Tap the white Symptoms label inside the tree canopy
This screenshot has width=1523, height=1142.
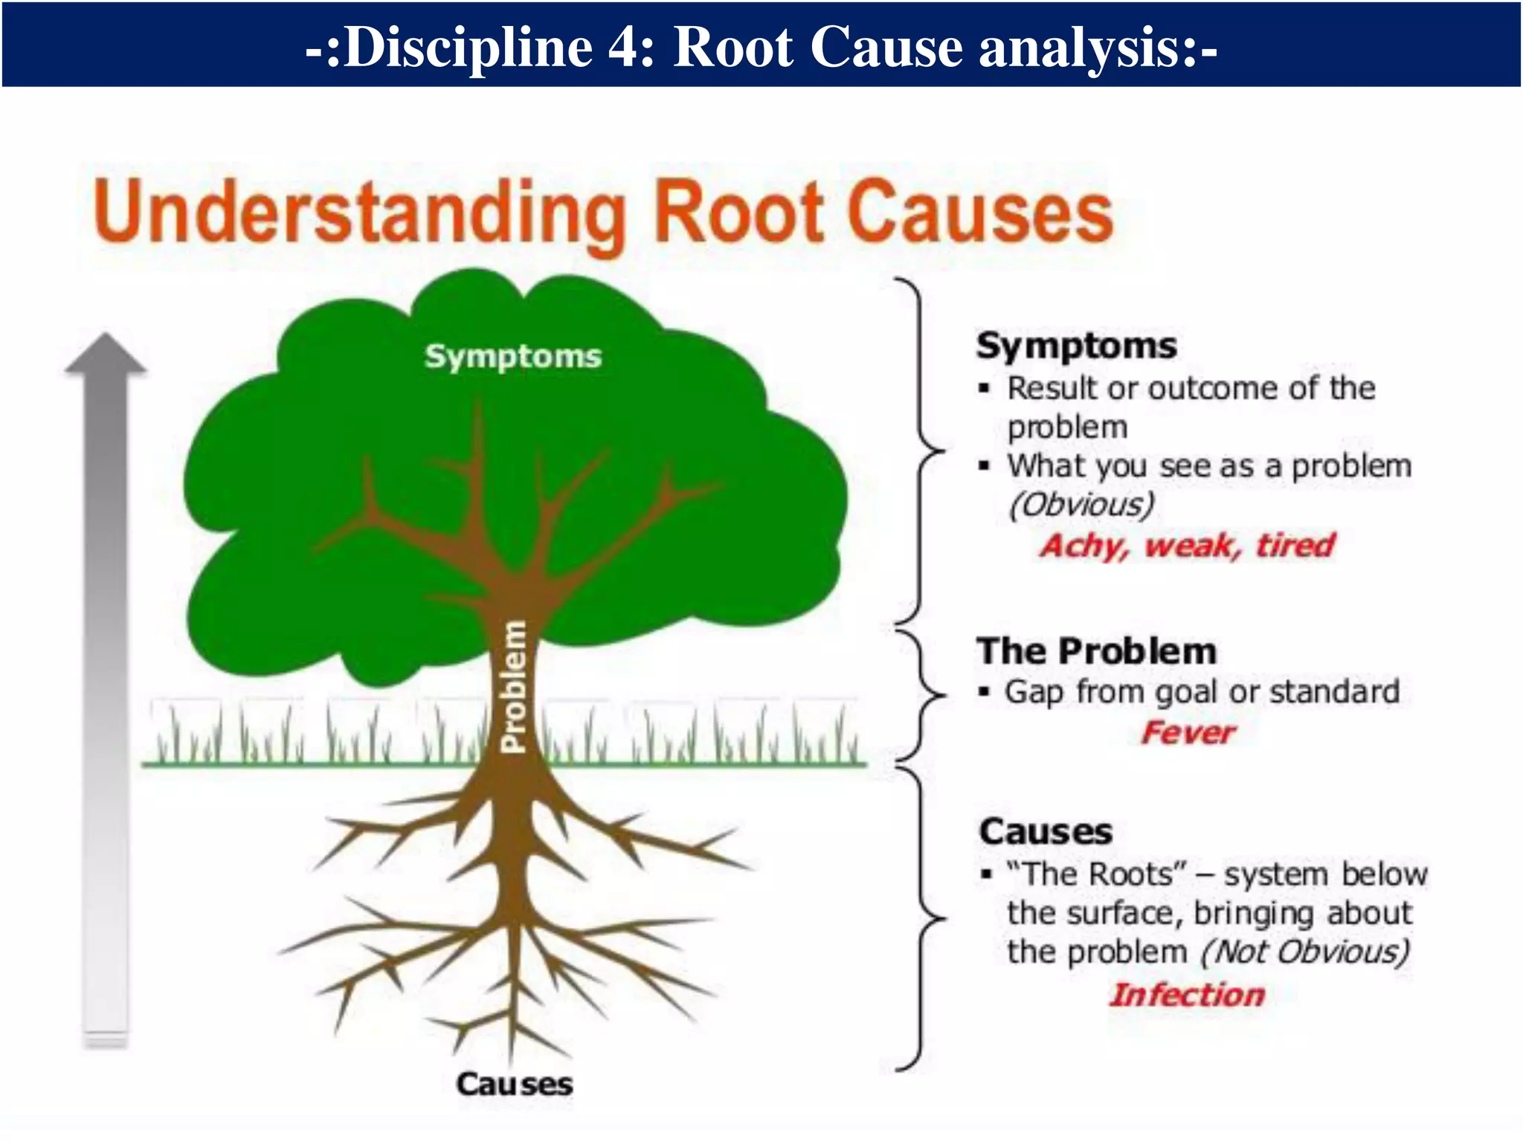(x=512, y=356)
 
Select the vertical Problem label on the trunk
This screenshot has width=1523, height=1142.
(x=514, y=688)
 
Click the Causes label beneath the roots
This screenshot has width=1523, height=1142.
(x=515, y=1084)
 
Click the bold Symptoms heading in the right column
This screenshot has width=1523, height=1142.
(x=1076, y=346)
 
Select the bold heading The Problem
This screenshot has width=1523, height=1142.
(x=1097, y=651)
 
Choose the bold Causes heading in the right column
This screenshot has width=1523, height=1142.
(x=1046, y=831)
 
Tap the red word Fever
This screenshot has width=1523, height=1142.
(x=1188, y=733)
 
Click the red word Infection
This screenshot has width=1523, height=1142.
(x=1187, y=995)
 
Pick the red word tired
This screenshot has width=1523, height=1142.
(x=1295, y=545)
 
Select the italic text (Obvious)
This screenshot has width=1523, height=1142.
(x=1081, y=506)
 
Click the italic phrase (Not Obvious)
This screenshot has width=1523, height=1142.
(x=1305, y=952)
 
